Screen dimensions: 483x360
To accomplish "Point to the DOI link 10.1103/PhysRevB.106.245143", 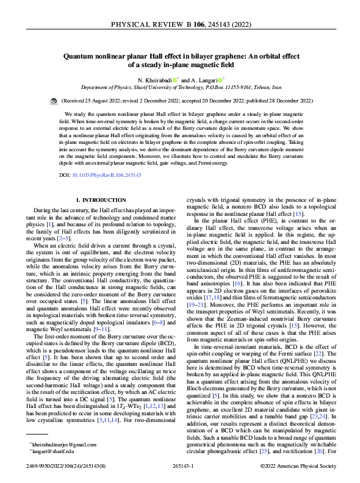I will tap(109, 175).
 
